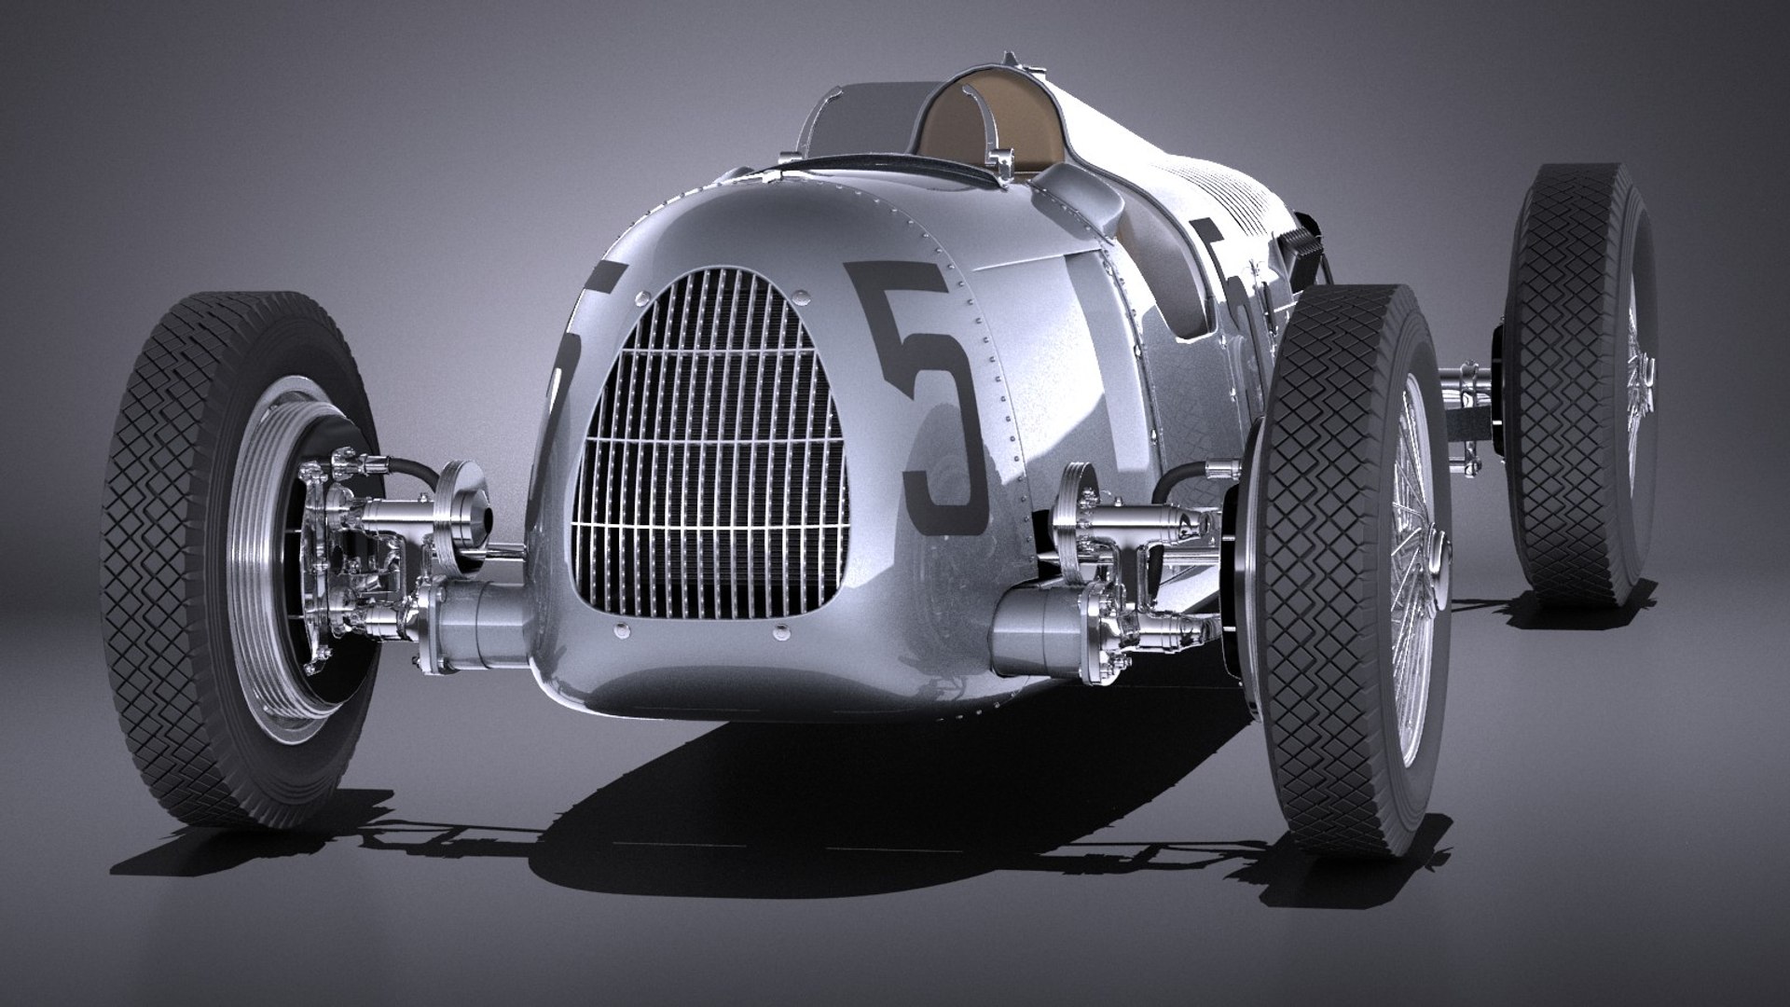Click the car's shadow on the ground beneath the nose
(x=746, y=793)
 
